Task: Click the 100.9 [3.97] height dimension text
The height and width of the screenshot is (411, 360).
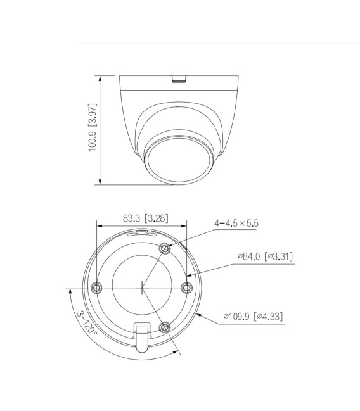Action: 92,130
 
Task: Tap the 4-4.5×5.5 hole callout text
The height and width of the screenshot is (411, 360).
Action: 236,223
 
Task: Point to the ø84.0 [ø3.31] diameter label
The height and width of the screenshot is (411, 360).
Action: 265,256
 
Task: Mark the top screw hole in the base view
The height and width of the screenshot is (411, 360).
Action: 165,248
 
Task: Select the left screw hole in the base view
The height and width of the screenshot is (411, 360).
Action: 96,288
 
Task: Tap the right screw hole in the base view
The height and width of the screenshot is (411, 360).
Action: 186,288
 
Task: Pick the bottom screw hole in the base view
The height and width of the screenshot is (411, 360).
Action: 165,327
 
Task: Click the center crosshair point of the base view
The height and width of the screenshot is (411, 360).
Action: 141,288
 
